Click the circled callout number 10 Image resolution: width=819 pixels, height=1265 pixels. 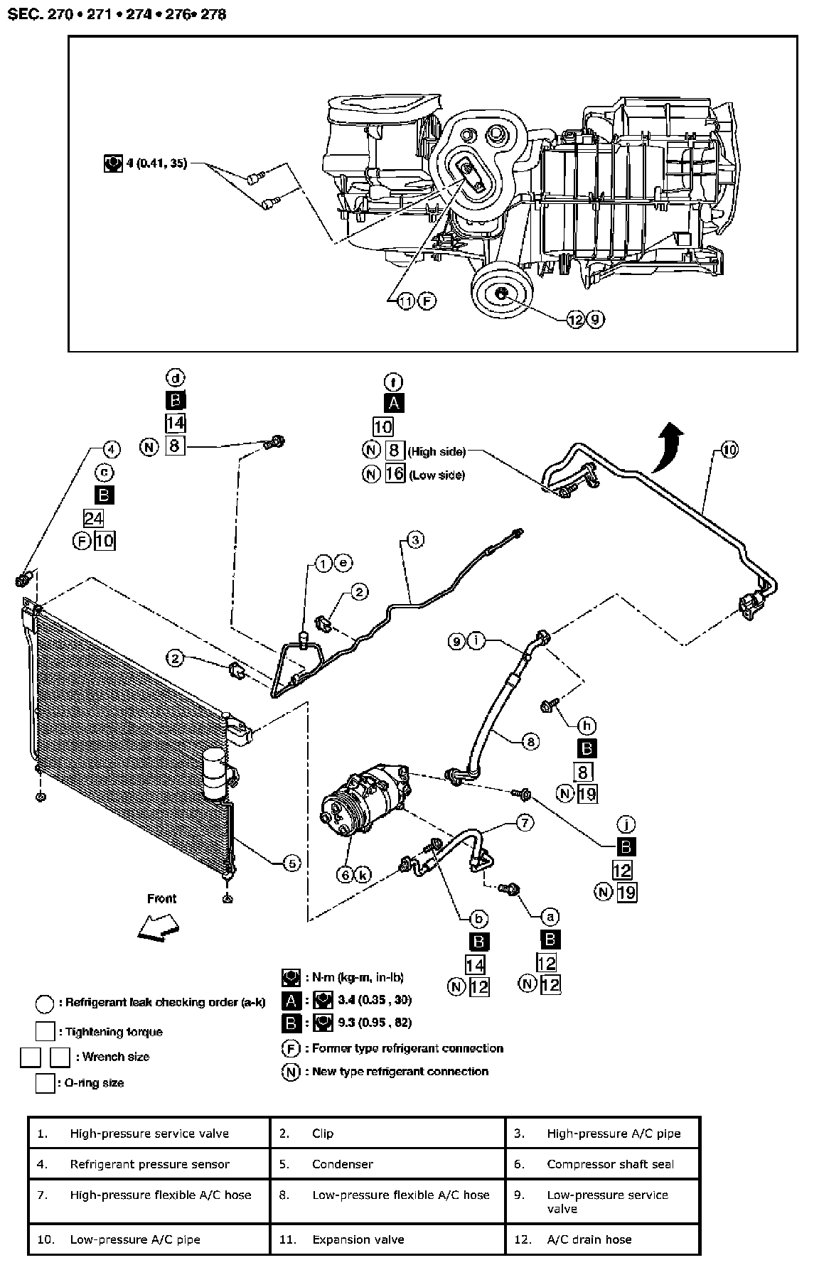click(729, 449)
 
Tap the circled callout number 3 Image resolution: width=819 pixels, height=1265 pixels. click(415, 539)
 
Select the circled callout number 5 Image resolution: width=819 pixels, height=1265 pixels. click(291, 863)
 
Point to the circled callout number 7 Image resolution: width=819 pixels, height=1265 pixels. click(524, 823)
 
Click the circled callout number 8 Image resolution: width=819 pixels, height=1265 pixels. click(530, 742)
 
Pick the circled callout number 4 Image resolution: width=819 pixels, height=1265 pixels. click(110, 448)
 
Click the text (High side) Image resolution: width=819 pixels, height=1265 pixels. click(437, 451)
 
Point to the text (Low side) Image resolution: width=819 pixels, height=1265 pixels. click(437, 475)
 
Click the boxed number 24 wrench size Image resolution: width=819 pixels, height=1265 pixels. click(93, 517)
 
